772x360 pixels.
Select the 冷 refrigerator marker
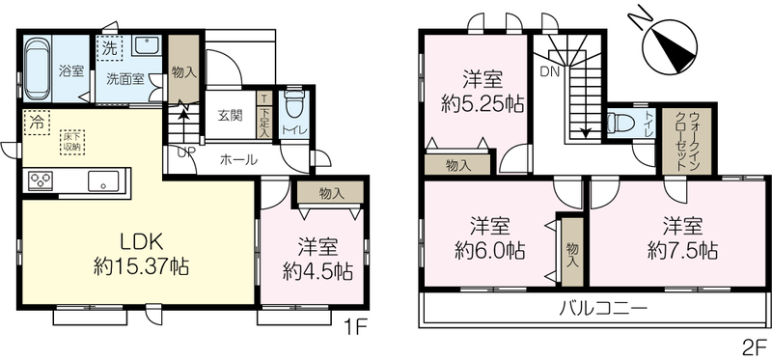(37, 123)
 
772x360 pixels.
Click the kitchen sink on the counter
(103, 180)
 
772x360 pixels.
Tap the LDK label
(139, 243)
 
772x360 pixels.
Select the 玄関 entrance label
(230, 116)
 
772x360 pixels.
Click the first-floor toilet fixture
(294, 103)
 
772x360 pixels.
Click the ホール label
(238, 159)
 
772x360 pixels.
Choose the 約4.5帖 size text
(317, 270)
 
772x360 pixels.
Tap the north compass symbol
(670, 45)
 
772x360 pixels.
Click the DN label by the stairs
(550, 72)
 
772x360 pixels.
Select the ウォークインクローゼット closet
(686, 140)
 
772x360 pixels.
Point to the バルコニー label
(602, 309)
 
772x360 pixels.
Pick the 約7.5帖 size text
(682, 251)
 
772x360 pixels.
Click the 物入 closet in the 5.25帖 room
(457, 164)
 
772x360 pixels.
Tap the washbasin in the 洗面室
(147, 46)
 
